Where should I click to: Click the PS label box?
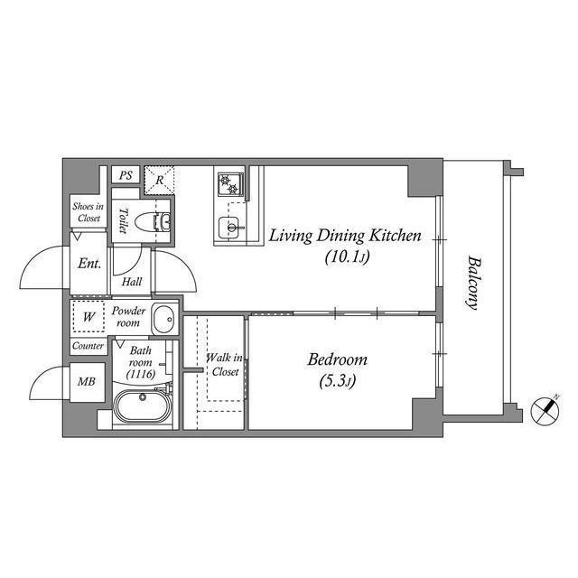tap(126, 176)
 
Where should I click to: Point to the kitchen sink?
tap(228, 226)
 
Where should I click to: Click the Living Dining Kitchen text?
tap(345, 237)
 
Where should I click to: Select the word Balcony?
tap(473, 282)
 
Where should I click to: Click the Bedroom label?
tap(337, 359)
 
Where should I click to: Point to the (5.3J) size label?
tap(337, 380)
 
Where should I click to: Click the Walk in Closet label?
tap(223, 365)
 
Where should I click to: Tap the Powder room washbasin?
tap(163, 319)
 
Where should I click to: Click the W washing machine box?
tap(89, 317)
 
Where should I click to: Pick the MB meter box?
tap(86, 382)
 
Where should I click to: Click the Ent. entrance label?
tap(89, 265)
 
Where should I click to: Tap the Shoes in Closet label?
tap(88, 212)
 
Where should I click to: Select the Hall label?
tap(132, 282)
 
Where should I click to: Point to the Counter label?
tap(88, 346)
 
